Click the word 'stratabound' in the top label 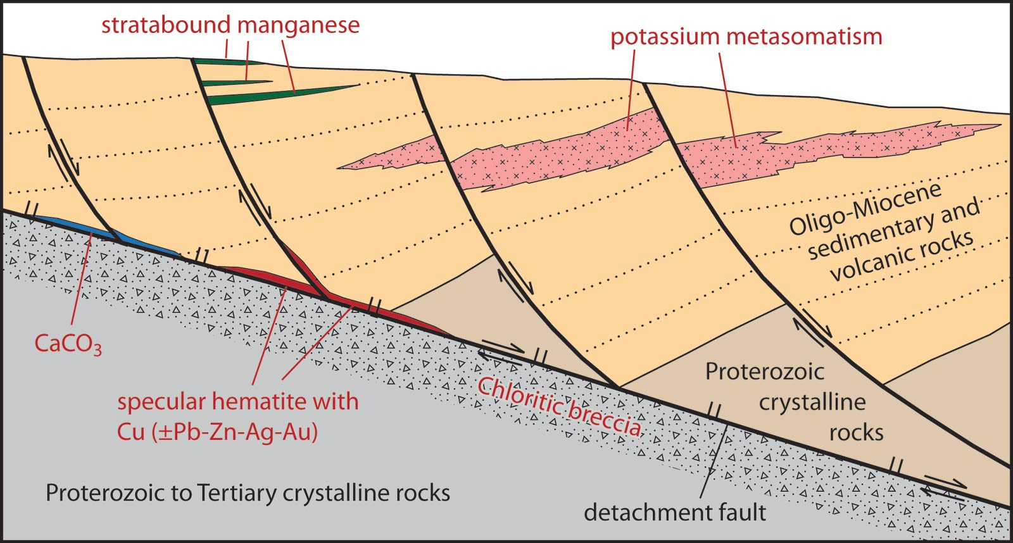click(x=166, y=25)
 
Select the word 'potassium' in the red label click(x=665, y=38)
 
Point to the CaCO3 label click(x=67, y=344)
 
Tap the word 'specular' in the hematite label click(x=161, y=403)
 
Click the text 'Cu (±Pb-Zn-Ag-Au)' click(x=217, y=432)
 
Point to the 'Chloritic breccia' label click(x=560, y=406)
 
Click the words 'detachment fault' click(x=675, y=513)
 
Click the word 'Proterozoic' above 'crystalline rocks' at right click(x=765, y=371)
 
